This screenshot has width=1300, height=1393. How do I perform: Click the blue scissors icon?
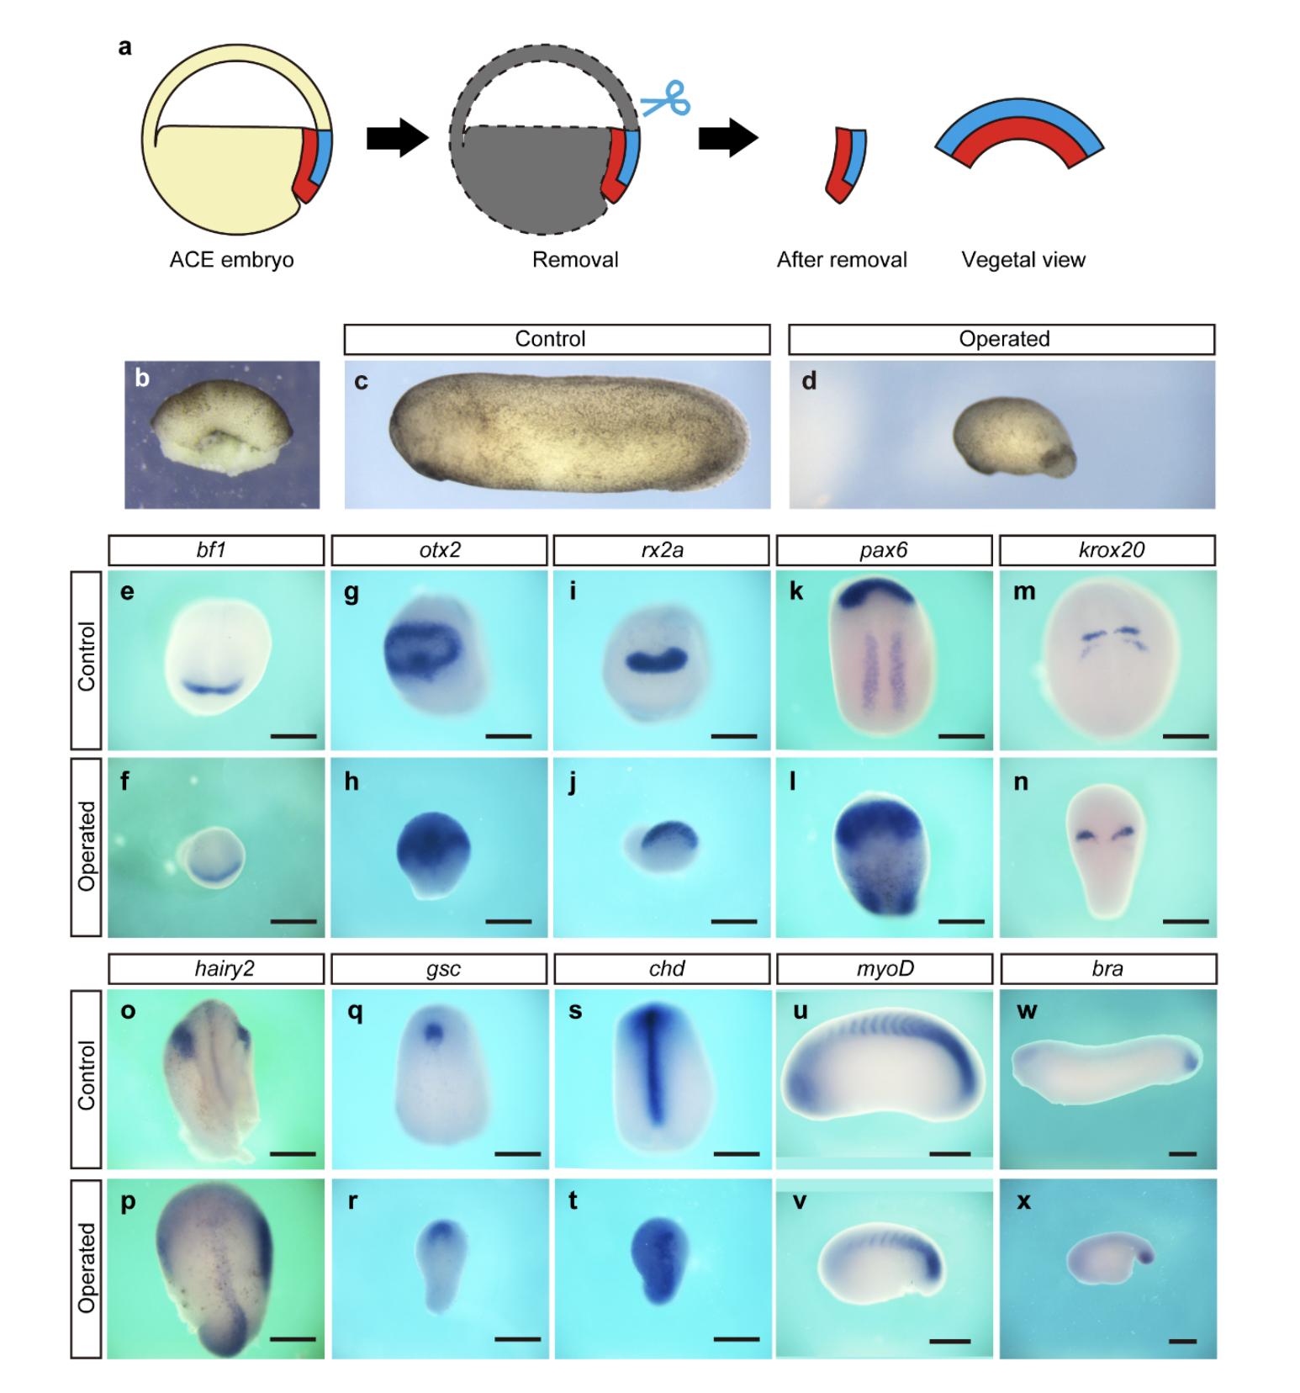tap(666, 99)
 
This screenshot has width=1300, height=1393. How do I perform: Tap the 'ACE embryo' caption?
tap(231, 260)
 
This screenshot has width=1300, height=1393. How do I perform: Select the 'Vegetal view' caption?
tap(1023, 260)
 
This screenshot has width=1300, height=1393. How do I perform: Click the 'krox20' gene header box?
tap(1107, 550)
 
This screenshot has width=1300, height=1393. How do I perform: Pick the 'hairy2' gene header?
tap(216, 969)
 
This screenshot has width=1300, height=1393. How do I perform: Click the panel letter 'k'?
tap(795, 591)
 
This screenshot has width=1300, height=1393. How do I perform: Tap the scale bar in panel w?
tap(1182, 1154)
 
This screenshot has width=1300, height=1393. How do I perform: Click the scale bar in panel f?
tap(293, 922)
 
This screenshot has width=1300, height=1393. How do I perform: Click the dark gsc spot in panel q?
tap(434, 1031)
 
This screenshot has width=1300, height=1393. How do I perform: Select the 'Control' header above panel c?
tap(557, 339)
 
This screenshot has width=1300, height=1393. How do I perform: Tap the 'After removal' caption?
tap(842, 260)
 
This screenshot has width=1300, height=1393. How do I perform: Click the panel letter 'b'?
tap(142, 379)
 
